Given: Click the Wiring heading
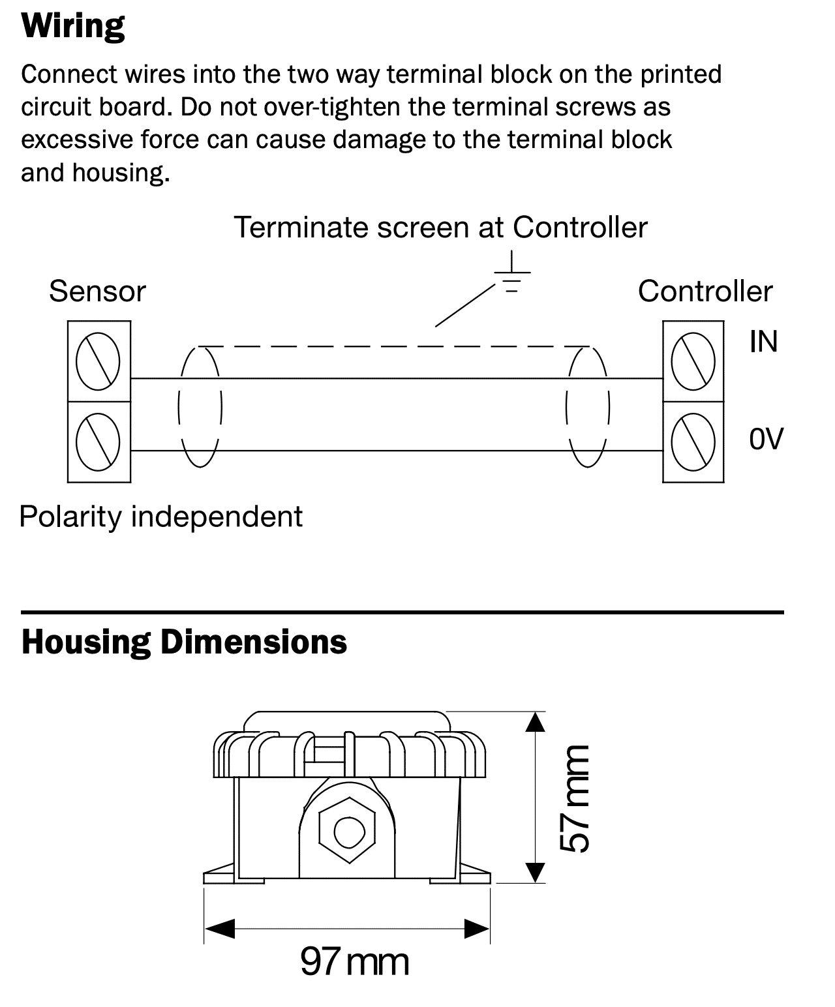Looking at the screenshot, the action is pyautogui.click(x=73, y=27).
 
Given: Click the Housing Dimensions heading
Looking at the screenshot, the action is pyautogui.click(x=184, y=643).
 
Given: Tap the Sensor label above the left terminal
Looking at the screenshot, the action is pyautogui.click(x=97, y=292).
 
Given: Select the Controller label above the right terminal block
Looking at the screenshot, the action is pyautogui.click(x=705, y=292).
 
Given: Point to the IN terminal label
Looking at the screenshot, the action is pyautogui.click(x=764, y=342).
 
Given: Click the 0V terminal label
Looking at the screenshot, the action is pyautogui.click(x=766, y=439).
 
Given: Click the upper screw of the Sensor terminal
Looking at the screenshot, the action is pyautogui.click(x=98, y=361).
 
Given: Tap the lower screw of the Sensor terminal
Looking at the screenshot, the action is pyautogui.click(x=98, y=442).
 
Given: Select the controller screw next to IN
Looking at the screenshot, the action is pyautogui.click(x=693, y=361).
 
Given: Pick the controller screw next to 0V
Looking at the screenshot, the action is pyautogui.click(x=693, y=442).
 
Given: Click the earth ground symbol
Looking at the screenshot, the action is pyautogui.click(x=512, y=273).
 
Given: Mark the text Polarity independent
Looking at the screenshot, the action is pyautogui.click(x=161, y=517).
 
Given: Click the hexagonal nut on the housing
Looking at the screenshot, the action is pyautogui.click(x=347, y=830).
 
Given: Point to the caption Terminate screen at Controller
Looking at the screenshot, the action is pyautogui.click(x=440, y=227).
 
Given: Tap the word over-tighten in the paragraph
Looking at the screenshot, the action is pyautogui.click(x=332, y=107).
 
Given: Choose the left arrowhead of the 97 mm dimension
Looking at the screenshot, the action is pyautogui.click(x=219, y=929).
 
